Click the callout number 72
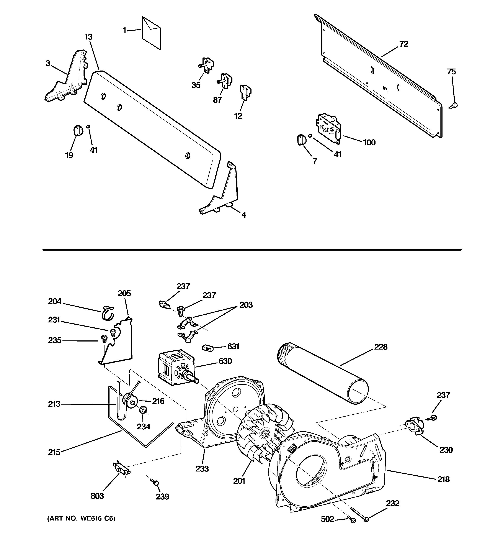[404, 44]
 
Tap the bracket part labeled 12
[245, 92]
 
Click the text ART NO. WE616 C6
[81, 518]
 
